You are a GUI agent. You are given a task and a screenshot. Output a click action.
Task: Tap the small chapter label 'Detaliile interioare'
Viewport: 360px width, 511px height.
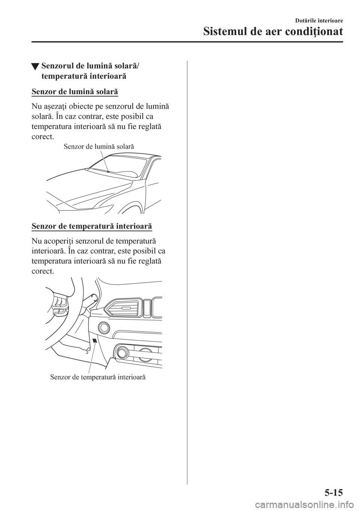pyautogui.click(x=321, y=20)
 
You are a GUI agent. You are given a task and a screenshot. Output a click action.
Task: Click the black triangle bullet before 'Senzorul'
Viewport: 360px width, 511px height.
pyautogui.click(x=34, y=68)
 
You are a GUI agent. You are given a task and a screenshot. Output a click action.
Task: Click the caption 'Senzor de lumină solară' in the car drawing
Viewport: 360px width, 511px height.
pyautogui.click(x=99, y=146)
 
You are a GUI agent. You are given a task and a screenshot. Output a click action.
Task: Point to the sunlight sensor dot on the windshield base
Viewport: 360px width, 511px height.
pyautogui.click(x=108, y=171)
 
